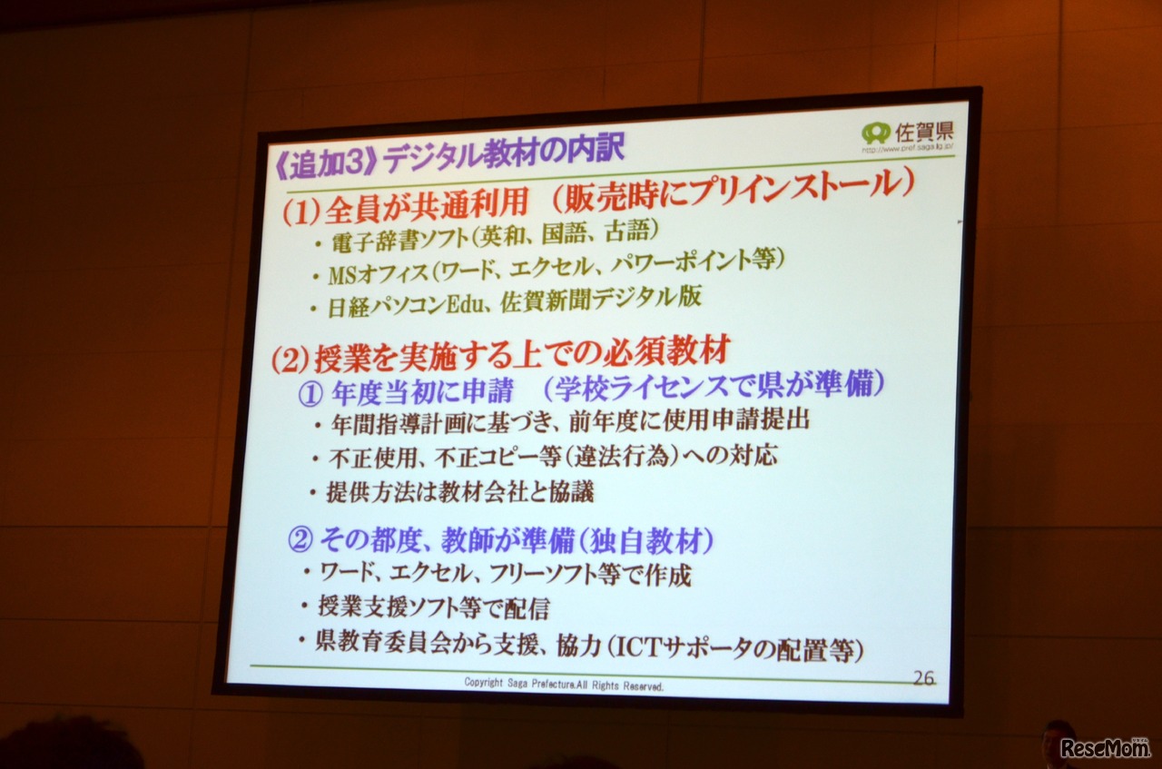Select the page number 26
[x=923, y=677]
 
